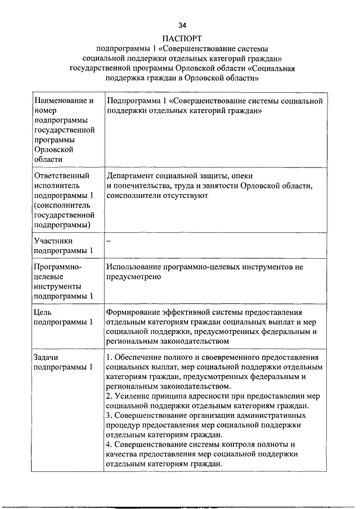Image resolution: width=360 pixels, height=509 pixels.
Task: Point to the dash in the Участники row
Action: tap(109, 241)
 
